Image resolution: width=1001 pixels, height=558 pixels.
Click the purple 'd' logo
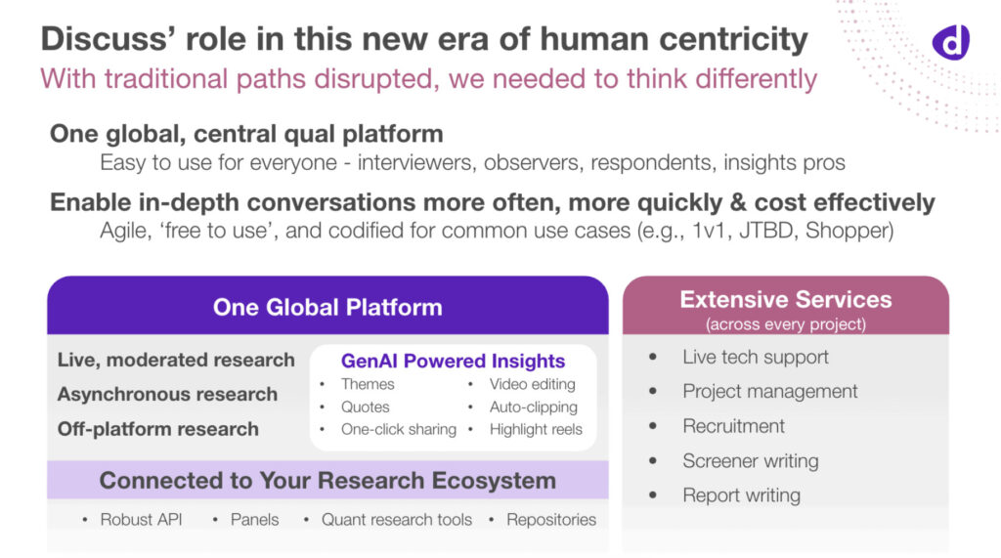pyautogui.click(x=949, y=40)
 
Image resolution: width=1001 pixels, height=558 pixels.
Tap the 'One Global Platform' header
pyautogui.click(x=327, y=308)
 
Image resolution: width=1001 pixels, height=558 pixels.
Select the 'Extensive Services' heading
pyautogui.click(x=786, y=300)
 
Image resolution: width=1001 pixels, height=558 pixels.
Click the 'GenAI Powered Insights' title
pyautogui.click(x=453, y=361)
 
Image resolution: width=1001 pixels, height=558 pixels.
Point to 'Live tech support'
pyautogui.click(x=755, y=357)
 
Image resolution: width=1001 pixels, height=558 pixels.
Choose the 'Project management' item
pyautogui.click(x=769, y=391)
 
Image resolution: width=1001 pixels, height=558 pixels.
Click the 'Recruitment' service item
pyautogui.click(x=733, y=426)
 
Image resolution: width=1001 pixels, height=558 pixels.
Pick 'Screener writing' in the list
pyautogui.click(x=750, y=460)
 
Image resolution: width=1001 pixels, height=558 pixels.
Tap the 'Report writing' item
pyautogui.click(x=741, y=494)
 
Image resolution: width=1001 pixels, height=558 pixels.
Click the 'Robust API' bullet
pyautogui.click(x=141, y=520)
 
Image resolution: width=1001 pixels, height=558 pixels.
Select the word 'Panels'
pyautogui.click(x=254, y=520)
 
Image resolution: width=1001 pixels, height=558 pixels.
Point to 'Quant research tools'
pyautogui.click(x=397, y=520)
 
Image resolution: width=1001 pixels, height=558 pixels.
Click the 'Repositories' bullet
pyautogui.click(x=550, y=520)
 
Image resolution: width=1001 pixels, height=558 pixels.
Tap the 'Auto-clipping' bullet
pyautogui.click(x=533, y=407)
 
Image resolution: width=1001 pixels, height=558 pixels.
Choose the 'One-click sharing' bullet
pyautogui.click(x=398, y=429)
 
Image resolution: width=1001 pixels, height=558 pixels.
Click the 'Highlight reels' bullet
pyautogui.click(x=536, y=429)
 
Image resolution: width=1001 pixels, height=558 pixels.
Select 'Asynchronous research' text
pyautogui.click(x=167, y=395)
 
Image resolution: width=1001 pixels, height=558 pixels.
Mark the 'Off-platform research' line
pyautogui.click(x=158, y=429)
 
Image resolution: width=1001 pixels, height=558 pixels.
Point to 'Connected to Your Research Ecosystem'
pyautogui.click(x=327, y=481)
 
